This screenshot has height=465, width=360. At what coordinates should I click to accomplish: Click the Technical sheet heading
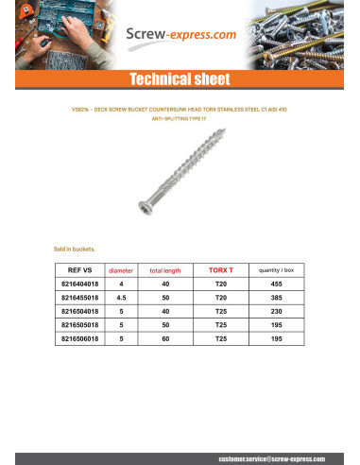tap(180, 78)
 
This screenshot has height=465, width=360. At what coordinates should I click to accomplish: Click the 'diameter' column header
tap(122, 270)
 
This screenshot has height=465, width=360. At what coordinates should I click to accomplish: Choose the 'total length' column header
tap(165, 270)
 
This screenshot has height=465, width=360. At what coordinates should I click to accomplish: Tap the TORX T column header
tap(221, 269)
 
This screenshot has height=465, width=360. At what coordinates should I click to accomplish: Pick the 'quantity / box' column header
tap(278, 270)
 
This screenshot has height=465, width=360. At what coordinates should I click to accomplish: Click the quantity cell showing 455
tap(278, 284)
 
